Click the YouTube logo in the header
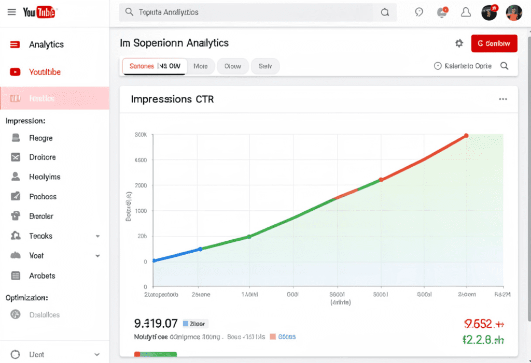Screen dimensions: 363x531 pyautogui.click(x=39, y=12)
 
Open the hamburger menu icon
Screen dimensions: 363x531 pyautogui.click(x=11, y=12)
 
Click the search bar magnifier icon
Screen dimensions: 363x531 pyautogui.click(x=385, y=12)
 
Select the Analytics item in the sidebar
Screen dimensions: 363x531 pyautogui.click(x=46, y=45)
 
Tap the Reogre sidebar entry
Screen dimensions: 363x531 pyautogui.click(x=40, y=138)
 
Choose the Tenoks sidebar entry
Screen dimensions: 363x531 pyautogui.click(x=40, y=236)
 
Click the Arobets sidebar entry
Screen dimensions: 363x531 pyautogui.click(x=42, y=275)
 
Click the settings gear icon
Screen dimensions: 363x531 pyautogui.click(x=459, y=44)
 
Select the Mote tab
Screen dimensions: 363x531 pyautogui.click(x=201, y=66)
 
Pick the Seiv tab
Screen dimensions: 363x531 pyautogui.click(x=265, y=66)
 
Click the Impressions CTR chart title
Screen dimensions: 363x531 pyautogui.click(x=172, y=99)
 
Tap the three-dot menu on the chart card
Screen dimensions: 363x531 pyautogui.click(x=502, y=99)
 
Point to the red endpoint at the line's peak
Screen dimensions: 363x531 pyautogui.click(x=466, y=136)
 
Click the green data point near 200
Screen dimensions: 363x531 pyautogui.click(x=249, y=237)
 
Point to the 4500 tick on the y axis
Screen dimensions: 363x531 pyautogui.click(x=141, y=160)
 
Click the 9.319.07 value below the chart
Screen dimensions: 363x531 pyautogui.click(x=156, y=324)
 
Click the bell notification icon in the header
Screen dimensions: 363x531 pyautogui.click(x=466, y=12)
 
